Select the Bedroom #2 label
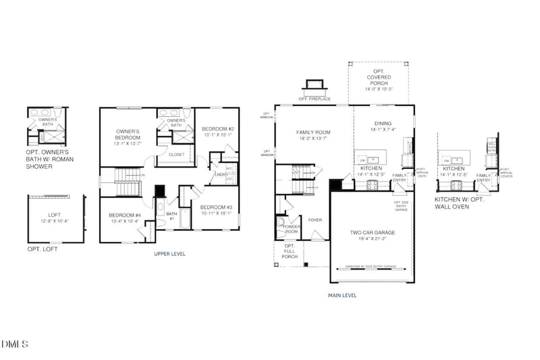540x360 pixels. click(217, 129)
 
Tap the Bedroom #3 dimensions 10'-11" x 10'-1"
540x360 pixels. click(216, 213)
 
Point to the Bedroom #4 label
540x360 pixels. click(125, 215)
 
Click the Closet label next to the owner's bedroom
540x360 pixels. click(176, 155)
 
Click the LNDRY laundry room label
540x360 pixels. click(220, 174)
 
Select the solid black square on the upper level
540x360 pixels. click(159, 191)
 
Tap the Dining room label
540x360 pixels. click(383, 124)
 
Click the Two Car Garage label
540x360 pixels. click(372, 232)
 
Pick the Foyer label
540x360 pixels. click(315, 220)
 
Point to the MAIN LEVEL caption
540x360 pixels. click(342, 295)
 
